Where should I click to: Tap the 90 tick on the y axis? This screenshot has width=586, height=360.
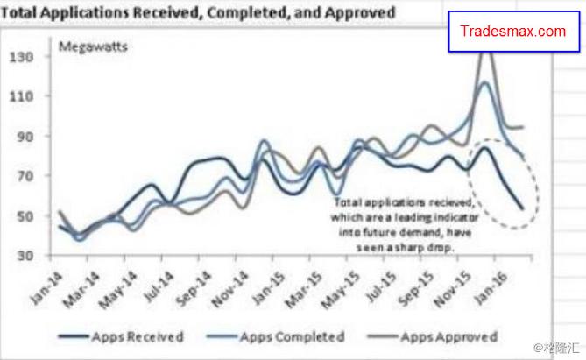coord(22,137)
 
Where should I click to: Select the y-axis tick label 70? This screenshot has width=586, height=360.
coord(22,176)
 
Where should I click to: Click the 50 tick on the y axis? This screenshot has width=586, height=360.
coord(22,216)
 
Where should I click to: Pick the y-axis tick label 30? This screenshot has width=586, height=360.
coord(22,256)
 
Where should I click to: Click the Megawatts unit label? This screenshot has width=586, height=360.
coord(92,46)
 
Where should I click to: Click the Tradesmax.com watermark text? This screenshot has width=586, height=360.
coord(513,32)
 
